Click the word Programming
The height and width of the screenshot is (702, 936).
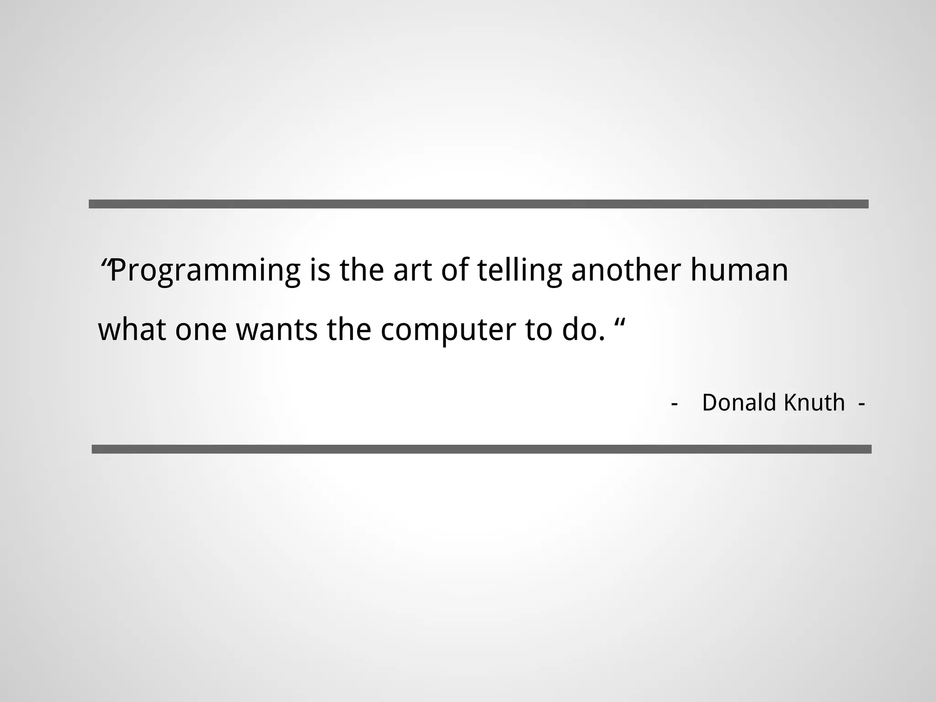[x=205, y=271]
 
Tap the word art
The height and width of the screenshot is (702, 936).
[x=412, y=271]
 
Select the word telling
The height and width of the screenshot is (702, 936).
[x=519, y=271]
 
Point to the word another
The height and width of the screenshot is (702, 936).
[x=626, y=271]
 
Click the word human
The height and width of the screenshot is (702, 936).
[x=739, y=271]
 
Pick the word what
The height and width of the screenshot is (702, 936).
[x=132, y=330]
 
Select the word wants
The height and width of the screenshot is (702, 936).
[x=277, y=330]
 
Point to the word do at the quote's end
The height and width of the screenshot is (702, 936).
[x=578, y=330]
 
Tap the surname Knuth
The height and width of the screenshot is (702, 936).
[x=814, y=403]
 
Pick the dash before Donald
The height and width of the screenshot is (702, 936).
[x=674, y=404]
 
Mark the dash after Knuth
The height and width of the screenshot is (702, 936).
[x=862, y=404]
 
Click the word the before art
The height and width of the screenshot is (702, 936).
[x=361, y=271]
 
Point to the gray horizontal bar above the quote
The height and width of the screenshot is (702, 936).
[x=478, y=204]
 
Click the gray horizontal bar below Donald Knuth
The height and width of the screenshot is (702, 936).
[x=481, y=449]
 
